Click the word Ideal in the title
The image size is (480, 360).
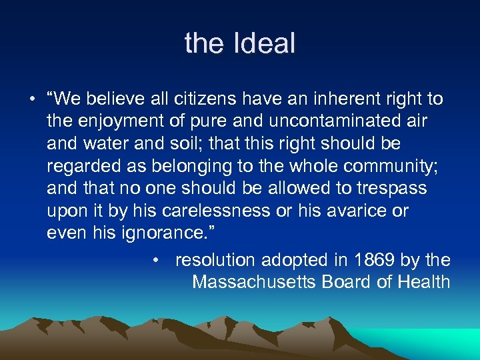click(263, 44)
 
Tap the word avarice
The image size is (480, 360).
click(355, 211)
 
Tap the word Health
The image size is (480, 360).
click(423, 282)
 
